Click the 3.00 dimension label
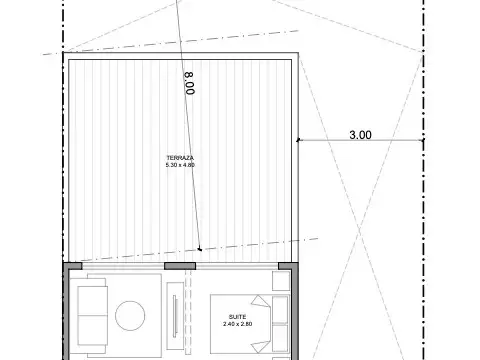pos(359,134)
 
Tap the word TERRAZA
pos(181,157)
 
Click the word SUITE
pos(237,316)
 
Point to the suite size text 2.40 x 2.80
pos(237,324)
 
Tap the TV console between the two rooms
pos(177,318)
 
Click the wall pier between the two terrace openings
pos(181,265)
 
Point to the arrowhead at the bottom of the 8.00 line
pos(199,248)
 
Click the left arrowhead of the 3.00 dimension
pos(299,140)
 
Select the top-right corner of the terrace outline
pos(296,53)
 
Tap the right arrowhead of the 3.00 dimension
pos(422,140)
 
